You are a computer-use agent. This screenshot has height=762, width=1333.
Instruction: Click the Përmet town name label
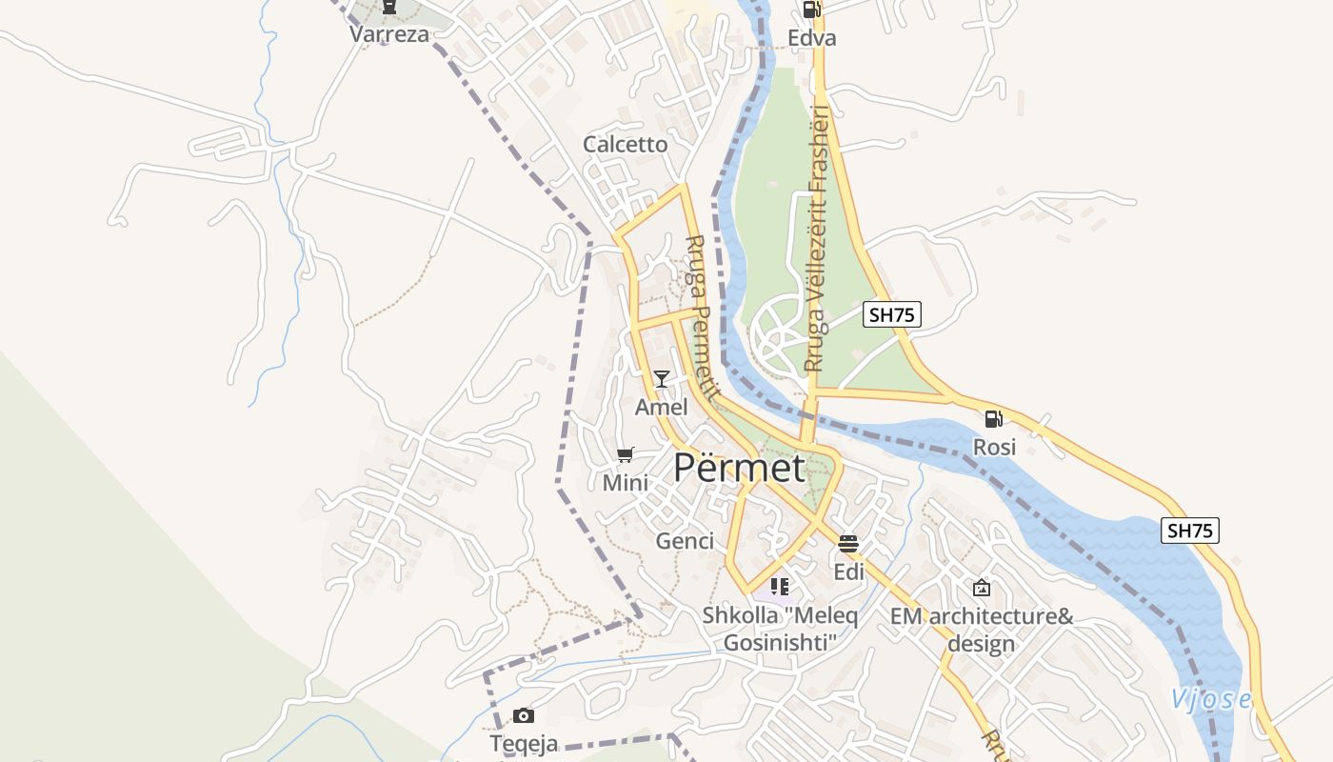point(739,468)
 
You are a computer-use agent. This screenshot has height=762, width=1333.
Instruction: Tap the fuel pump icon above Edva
point(811,10)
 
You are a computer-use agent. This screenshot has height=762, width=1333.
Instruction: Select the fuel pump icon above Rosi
point(993,418)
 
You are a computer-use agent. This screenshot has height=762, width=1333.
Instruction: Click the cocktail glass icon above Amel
point(661,378)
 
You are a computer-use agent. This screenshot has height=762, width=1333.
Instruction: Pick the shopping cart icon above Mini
point(625,455)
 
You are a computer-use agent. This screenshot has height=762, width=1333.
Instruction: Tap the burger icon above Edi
point(848,544)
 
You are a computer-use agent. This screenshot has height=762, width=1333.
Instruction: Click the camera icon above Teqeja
point(523,715)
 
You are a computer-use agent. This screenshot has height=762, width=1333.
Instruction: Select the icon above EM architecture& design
point(981,588)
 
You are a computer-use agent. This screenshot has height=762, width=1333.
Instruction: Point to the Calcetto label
point(626,145)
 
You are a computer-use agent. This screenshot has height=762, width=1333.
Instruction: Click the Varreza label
point(388,35)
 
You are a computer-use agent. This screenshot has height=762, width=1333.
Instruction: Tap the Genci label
point(685,541)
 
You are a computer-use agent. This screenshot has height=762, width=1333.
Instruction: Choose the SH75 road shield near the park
point(892,314)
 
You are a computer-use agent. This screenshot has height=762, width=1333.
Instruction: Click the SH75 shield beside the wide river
point(1189,531)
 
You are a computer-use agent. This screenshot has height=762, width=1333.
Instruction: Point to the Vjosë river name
point(1211,699)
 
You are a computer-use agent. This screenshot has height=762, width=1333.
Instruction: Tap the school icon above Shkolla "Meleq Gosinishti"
point(780,587)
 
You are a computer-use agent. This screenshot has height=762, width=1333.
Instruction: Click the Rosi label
point(994,447)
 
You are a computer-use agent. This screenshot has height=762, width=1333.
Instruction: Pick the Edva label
point(812,38)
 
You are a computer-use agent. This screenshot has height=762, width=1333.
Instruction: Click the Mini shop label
point(625,483)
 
